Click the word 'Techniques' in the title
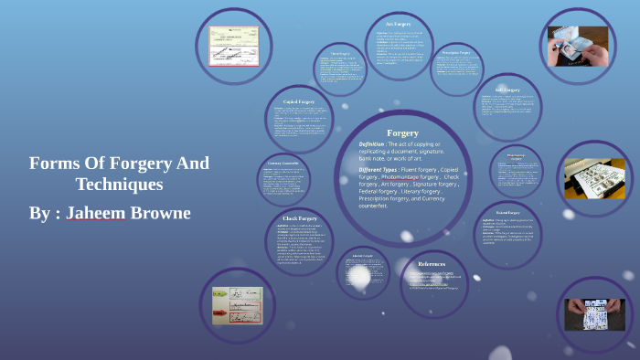click(119, 185)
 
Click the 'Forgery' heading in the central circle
click(403, 132)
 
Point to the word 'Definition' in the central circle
click(379, 144)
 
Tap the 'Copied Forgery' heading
click(300, 101)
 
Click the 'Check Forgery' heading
click(300, 219)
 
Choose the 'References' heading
click(432, 264)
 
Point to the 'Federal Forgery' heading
click(514, 212)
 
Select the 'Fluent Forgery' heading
click(341, 53)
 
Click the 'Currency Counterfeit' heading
click(283, 164)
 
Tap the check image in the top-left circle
click(233, 42)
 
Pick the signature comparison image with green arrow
click(237, 305)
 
